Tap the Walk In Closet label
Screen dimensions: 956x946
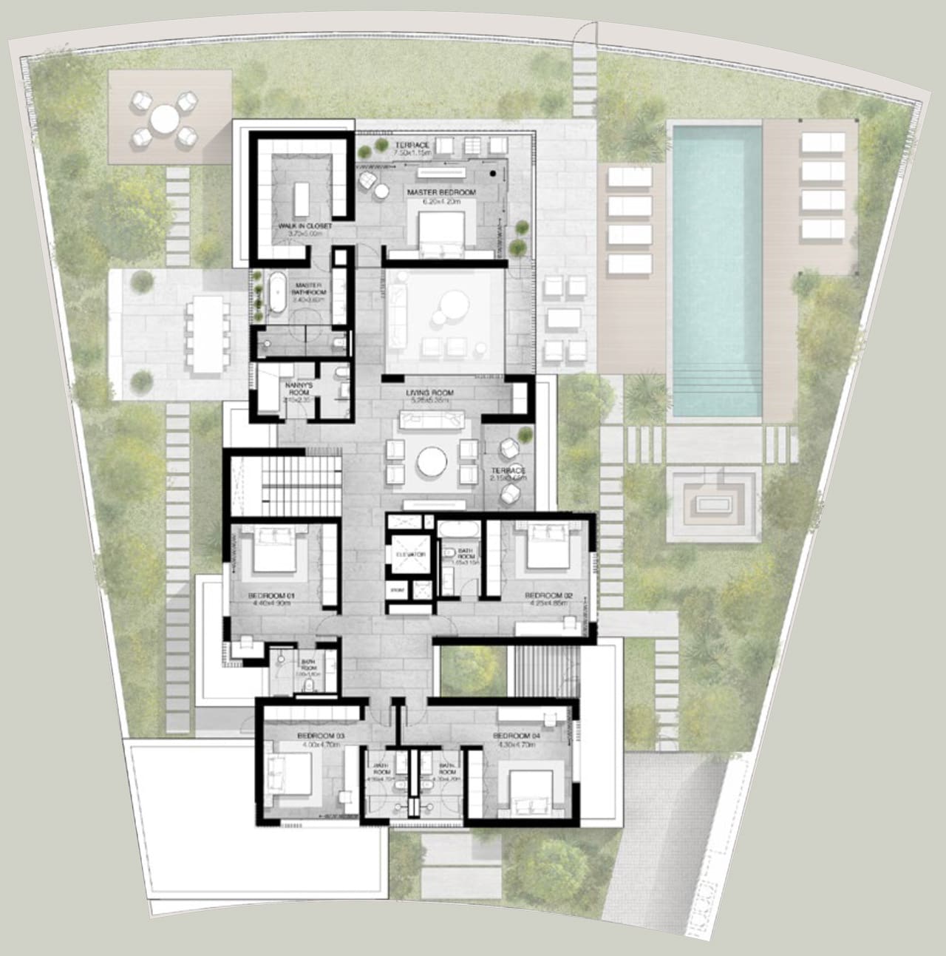[x=304, y=226]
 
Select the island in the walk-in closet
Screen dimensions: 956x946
[x=301, y=195]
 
